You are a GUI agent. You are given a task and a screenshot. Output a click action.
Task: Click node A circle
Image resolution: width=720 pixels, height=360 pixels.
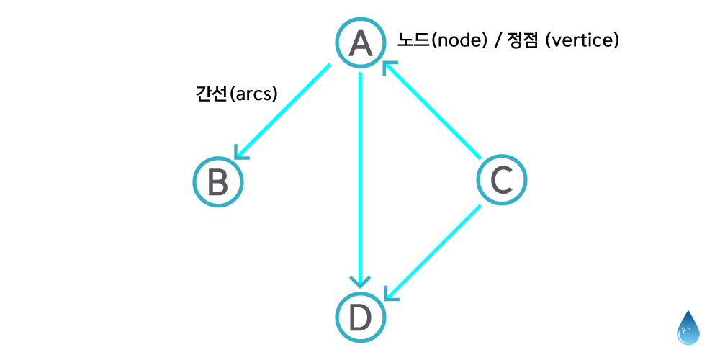click(360, 43)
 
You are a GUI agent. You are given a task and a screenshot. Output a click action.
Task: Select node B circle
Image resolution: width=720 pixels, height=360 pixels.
click(218, 182)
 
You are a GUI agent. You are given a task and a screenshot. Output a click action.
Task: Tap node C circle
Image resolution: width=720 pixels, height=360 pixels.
click(502, 180)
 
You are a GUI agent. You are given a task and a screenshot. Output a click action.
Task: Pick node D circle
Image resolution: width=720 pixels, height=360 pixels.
click(360, 317)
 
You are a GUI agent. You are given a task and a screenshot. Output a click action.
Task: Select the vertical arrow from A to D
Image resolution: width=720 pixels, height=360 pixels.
click(360, 173)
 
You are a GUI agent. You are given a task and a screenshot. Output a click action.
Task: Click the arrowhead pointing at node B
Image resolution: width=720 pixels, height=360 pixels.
click(240, 153)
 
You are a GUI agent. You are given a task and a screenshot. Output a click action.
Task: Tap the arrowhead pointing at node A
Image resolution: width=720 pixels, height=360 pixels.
click(389, 68)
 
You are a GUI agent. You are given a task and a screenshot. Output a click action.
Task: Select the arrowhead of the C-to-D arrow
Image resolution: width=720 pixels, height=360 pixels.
click(390, 294)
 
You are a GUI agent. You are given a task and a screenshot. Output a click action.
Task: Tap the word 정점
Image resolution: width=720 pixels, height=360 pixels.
click(523, 40)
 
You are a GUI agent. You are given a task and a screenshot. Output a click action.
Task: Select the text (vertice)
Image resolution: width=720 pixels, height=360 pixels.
click(582, 40)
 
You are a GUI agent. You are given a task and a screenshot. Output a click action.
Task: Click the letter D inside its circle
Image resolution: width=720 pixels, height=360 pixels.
click(360, 317)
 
